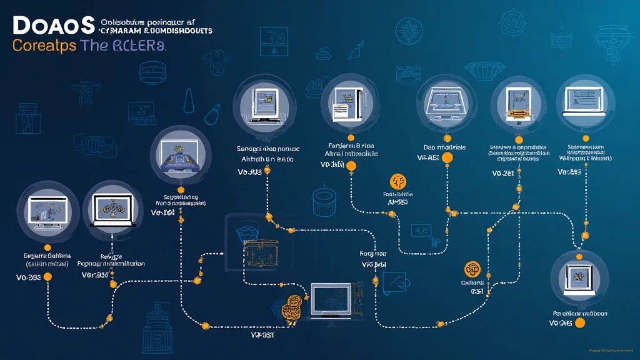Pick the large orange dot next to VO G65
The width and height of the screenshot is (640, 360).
point(579,322)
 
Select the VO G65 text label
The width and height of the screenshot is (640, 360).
point(561,323)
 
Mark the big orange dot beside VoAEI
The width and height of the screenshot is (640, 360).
point(447,158)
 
